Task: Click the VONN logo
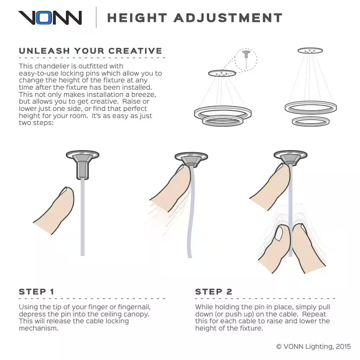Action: [50, 18]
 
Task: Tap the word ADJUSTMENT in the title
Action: [228, 18]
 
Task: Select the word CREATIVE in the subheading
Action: [135, 51]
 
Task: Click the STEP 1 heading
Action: [36, 292]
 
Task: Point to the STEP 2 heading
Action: [213, 292]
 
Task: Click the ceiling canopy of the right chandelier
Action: [310, 50]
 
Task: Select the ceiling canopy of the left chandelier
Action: [222, 73]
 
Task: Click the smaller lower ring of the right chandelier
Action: [311, 121]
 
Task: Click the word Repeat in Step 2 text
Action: [314, 314]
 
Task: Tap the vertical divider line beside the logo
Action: [96, 17]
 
